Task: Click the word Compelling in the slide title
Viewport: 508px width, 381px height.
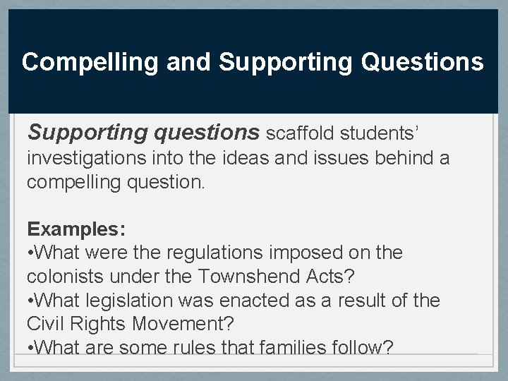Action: tap(90, 63)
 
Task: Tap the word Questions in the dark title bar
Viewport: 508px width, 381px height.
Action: tap(422, 63)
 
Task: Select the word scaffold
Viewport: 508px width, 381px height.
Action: tap(301, 133)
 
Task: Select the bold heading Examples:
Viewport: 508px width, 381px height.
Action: tap(76, 229)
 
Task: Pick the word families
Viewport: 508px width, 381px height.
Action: tap(271, 349)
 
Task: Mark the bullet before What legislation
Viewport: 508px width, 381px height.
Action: tap(30, 301)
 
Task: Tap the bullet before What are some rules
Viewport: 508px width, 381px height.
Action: tap(30, 349)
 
